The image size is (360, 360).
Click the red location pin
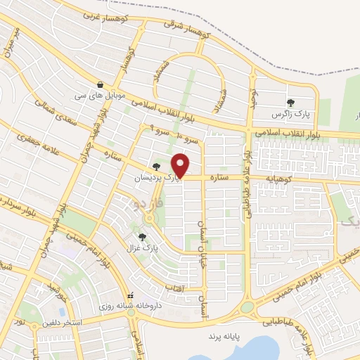(181, 165)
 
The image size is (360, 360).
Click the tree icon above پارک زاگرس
(290, 102)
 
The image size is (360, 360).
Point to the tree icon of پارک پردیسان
(155, 167)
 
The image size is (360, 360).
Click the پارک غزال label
(144, 248)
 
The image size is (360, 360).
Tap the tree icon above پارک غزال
(143, 237)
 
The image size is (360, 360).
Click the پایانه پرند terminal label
(223, 337)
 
